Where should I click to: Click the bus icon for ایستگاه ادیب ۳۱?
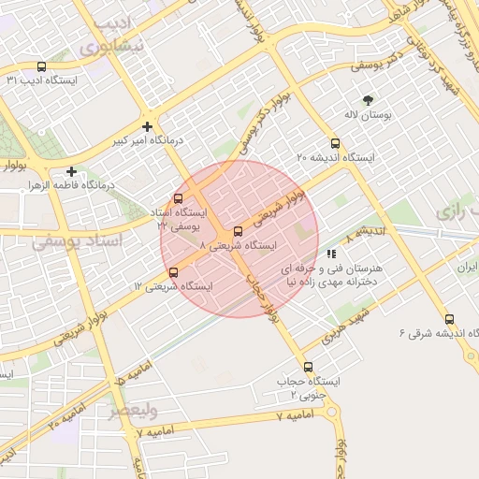[x=40, y=67]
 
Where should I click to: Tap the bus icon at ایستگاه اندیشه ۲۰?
[x=336, y=144]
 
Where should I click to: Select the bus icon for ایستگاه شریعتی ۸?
[x=238, y=231]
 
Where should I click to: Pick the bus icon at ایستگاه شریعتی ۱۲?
[x=173, y=272]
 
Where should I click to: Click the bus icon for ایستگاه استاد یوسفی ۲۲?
[x=178, y=198]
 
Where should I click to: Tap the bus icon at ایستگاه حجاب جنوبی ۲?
[x=308, y=367]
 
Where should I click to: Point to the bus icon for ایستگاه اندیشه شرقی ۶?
[x=450, y=319]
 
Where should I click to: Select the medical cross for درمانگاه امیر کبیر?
[x=147, y=126]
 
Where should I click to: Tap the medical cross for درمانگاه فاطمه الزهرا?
[x=71, y=171]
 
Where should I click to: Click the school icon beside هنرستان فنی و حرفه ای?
[x=330, y=254]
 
